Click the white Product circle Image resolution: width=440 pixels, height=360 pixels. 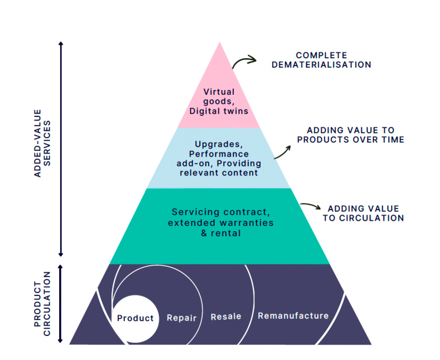pos(135,318)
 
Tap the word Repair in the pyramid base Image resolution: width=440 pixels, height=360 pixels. pos(181,318)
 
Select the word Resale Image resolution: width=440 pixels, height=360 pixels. pos(226,317)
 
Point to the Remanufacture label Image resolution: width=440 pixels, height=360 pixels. pos(293,315)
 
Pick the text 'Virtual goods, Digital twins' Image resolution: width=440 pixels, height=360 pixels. pos(219,102)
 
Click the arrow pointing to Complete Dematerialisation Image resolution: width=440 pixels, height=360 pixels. pos(243,62)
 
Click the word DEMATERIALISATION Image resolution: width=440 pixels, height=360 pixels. pos(321,65)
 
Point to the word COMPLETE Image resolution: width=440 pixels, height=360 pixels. pos(321,55)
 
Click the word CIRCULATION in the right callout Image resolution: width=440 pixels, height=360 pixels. pos(363,218)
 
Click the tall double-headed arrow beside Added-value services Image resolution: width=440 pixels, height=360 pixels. pos(61,149)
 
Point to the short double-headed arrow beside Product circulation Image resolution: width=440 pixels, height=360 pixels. pos(61,303)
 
